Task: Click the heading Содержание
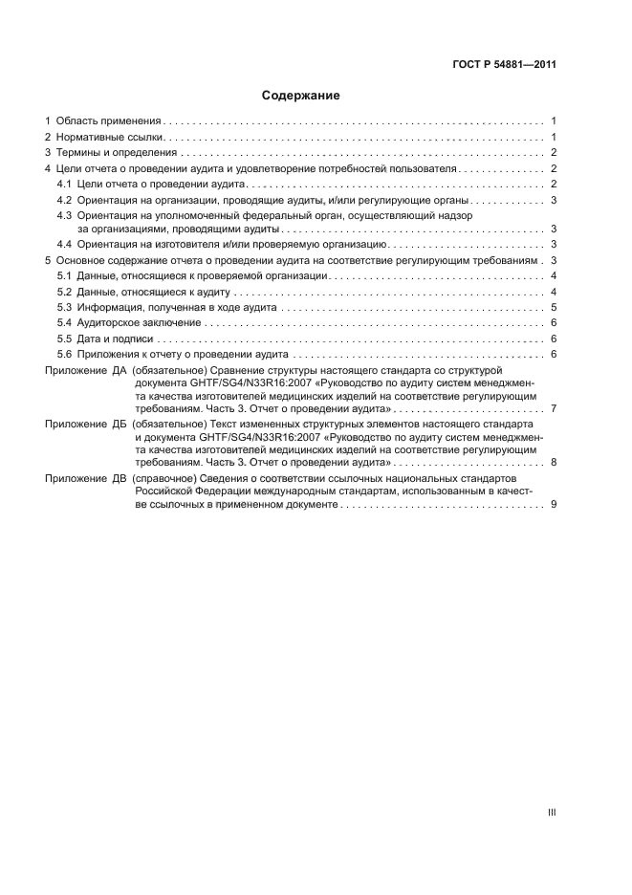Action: [301, 96]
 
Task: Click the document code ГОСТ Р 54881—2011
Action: [504, 65]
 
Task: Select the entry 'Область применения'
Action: [108, 121]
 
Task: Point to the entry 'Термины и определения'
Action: [117, 153]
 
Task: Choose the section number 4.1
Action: [65, 184]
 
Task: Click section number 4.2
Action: [65, 200]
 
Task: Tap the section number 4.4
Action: [65, 244]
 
